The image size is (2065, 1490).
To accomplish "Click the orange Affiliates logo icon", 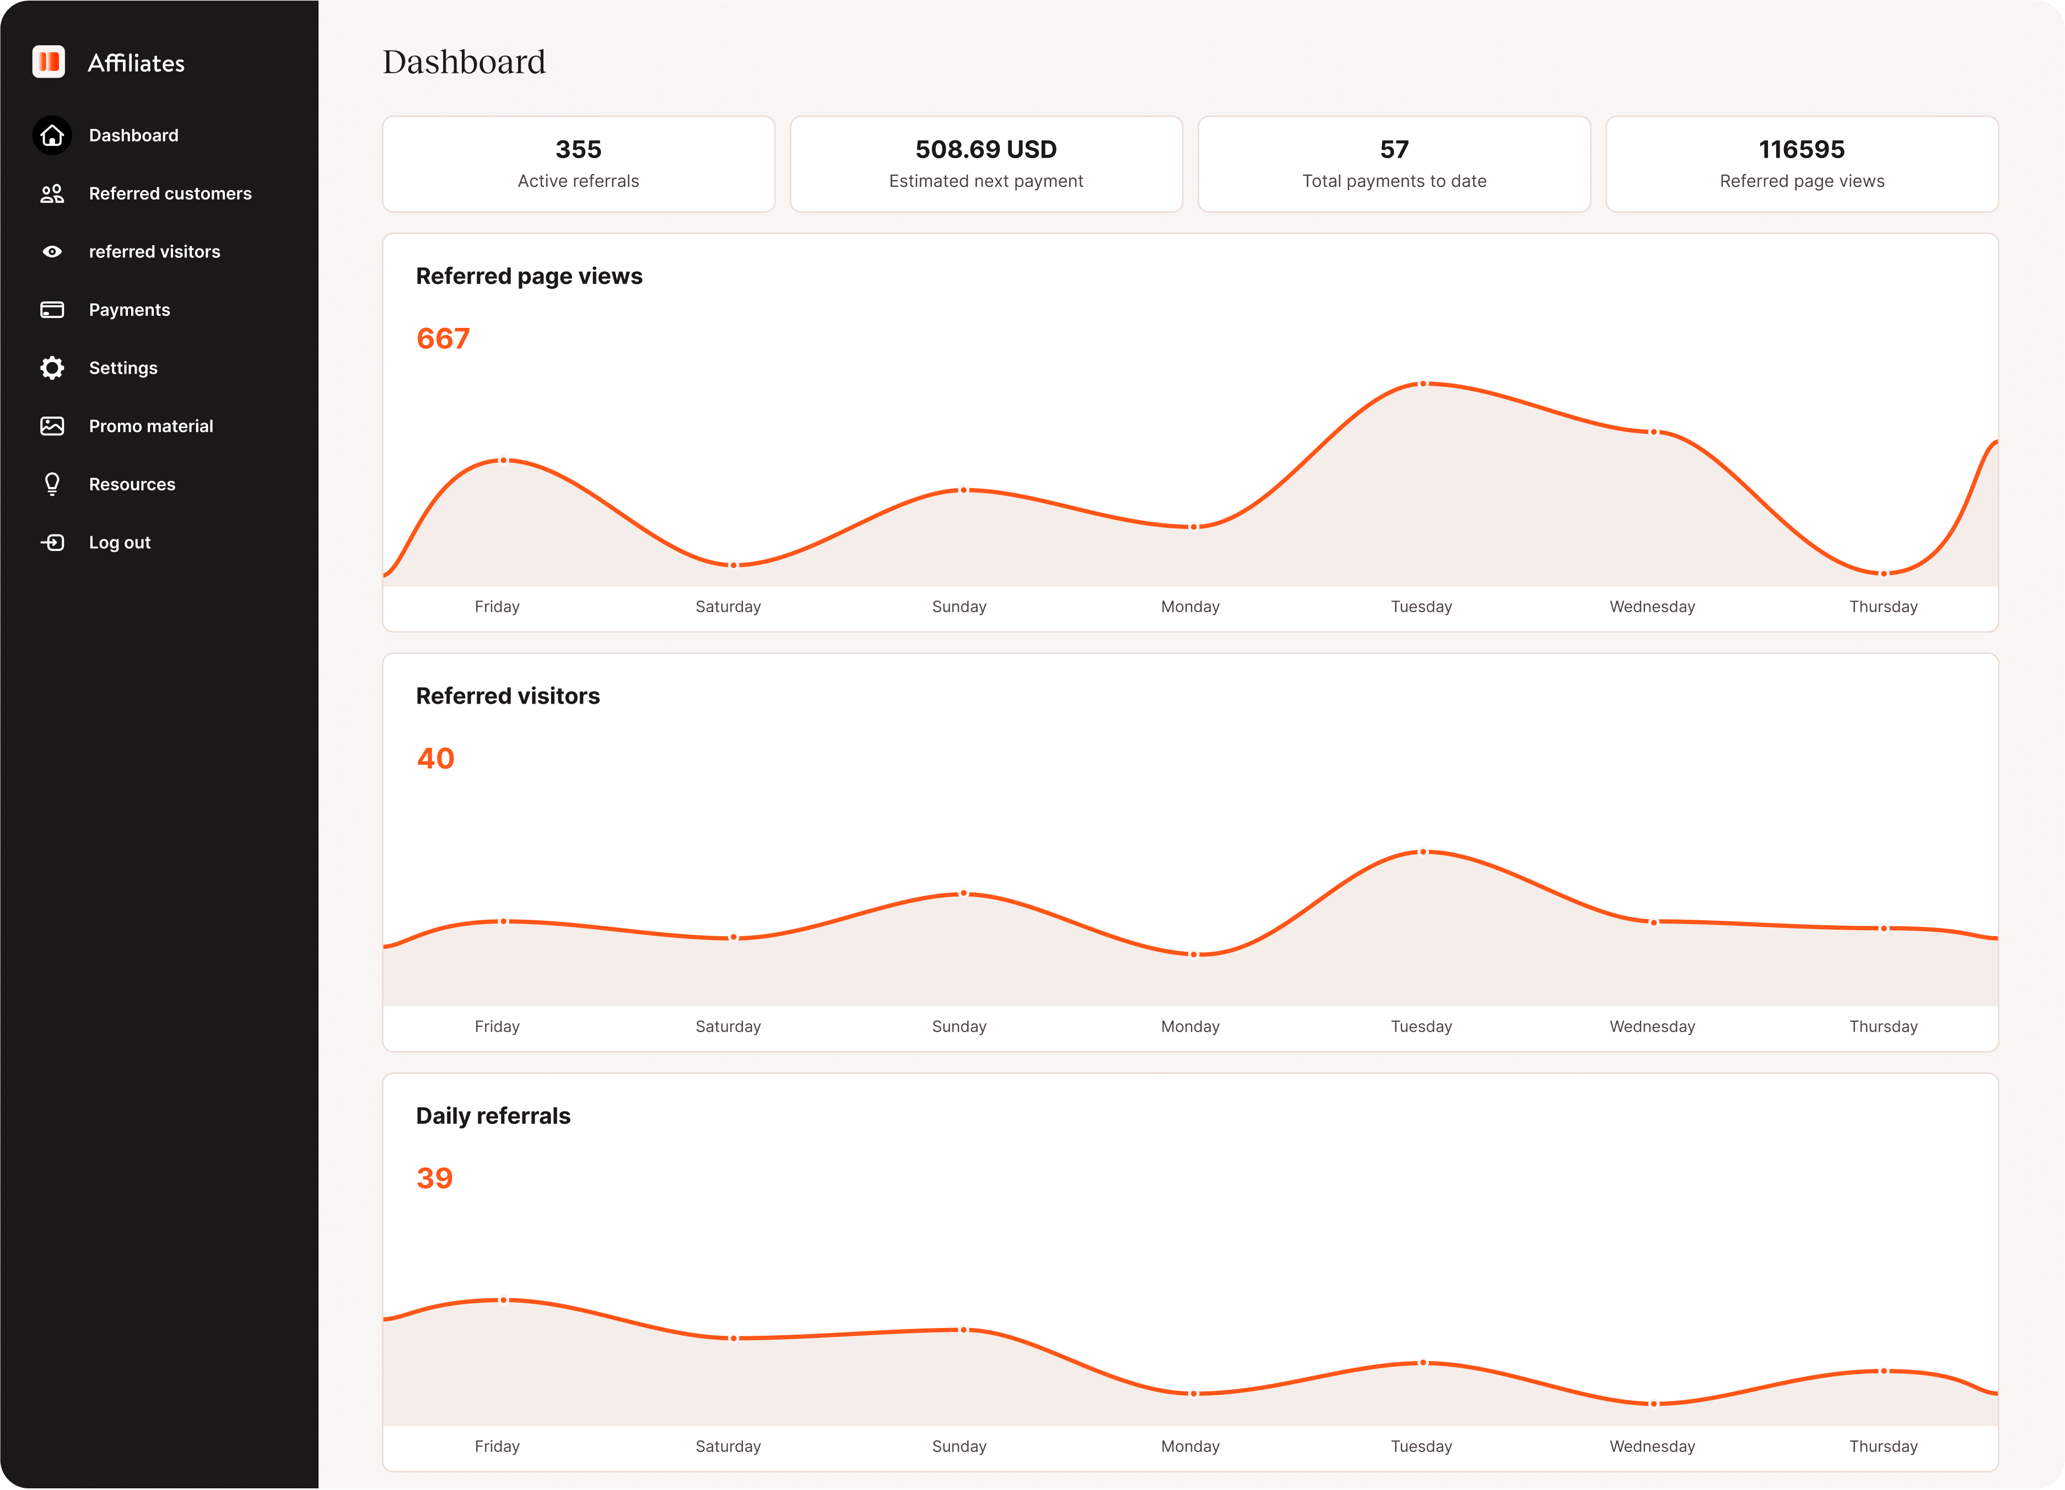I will point(48,62).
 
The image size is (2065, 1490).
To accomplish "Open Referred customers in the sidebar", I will point(169,193).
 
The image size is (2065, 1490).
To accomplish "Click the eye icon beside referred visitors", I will point(52,251).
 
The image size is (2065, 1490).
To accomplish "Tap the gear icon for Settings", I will point(52,368).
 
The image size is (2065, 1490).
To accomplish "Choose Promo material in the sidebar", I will point(150,426).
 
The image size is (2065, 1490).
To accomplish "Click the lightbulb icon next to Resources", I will point(52,484).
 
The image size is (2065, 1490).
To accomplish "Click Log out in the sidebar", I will point(119,542).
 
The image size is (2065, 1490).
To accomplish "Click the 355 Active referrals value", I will point(578,149).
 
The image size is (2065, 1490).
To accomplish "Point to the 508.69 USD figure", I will point(986,149).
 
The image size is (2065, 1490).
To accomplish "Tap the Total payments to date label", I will point(1394,181).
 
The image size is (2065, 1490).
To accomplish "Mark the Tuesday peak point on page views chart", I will point(1423,384).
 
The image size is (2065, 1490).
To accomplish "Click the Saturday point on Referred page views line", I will point(734,565).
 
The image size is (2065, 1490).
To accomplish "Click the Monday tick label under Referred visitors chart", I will point(1190,1027).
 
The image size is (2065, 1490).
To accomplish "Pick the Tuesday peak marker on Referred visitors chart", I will point(1423,852).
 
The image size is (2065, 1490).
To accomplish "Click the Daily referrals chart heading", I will point(493,1116).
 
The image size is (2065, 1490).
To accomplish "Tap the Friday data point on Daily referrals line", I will point(504,1300).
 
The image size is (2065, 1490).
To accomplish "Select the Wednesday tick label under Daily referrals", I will point(1652,1446).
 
